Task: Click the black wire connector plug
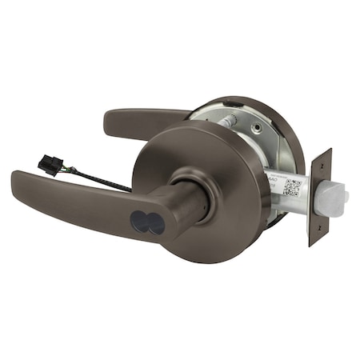[50, 167]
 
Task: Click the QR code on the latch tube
[292, 189]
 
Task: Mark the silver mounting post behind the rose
[230, 119]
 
